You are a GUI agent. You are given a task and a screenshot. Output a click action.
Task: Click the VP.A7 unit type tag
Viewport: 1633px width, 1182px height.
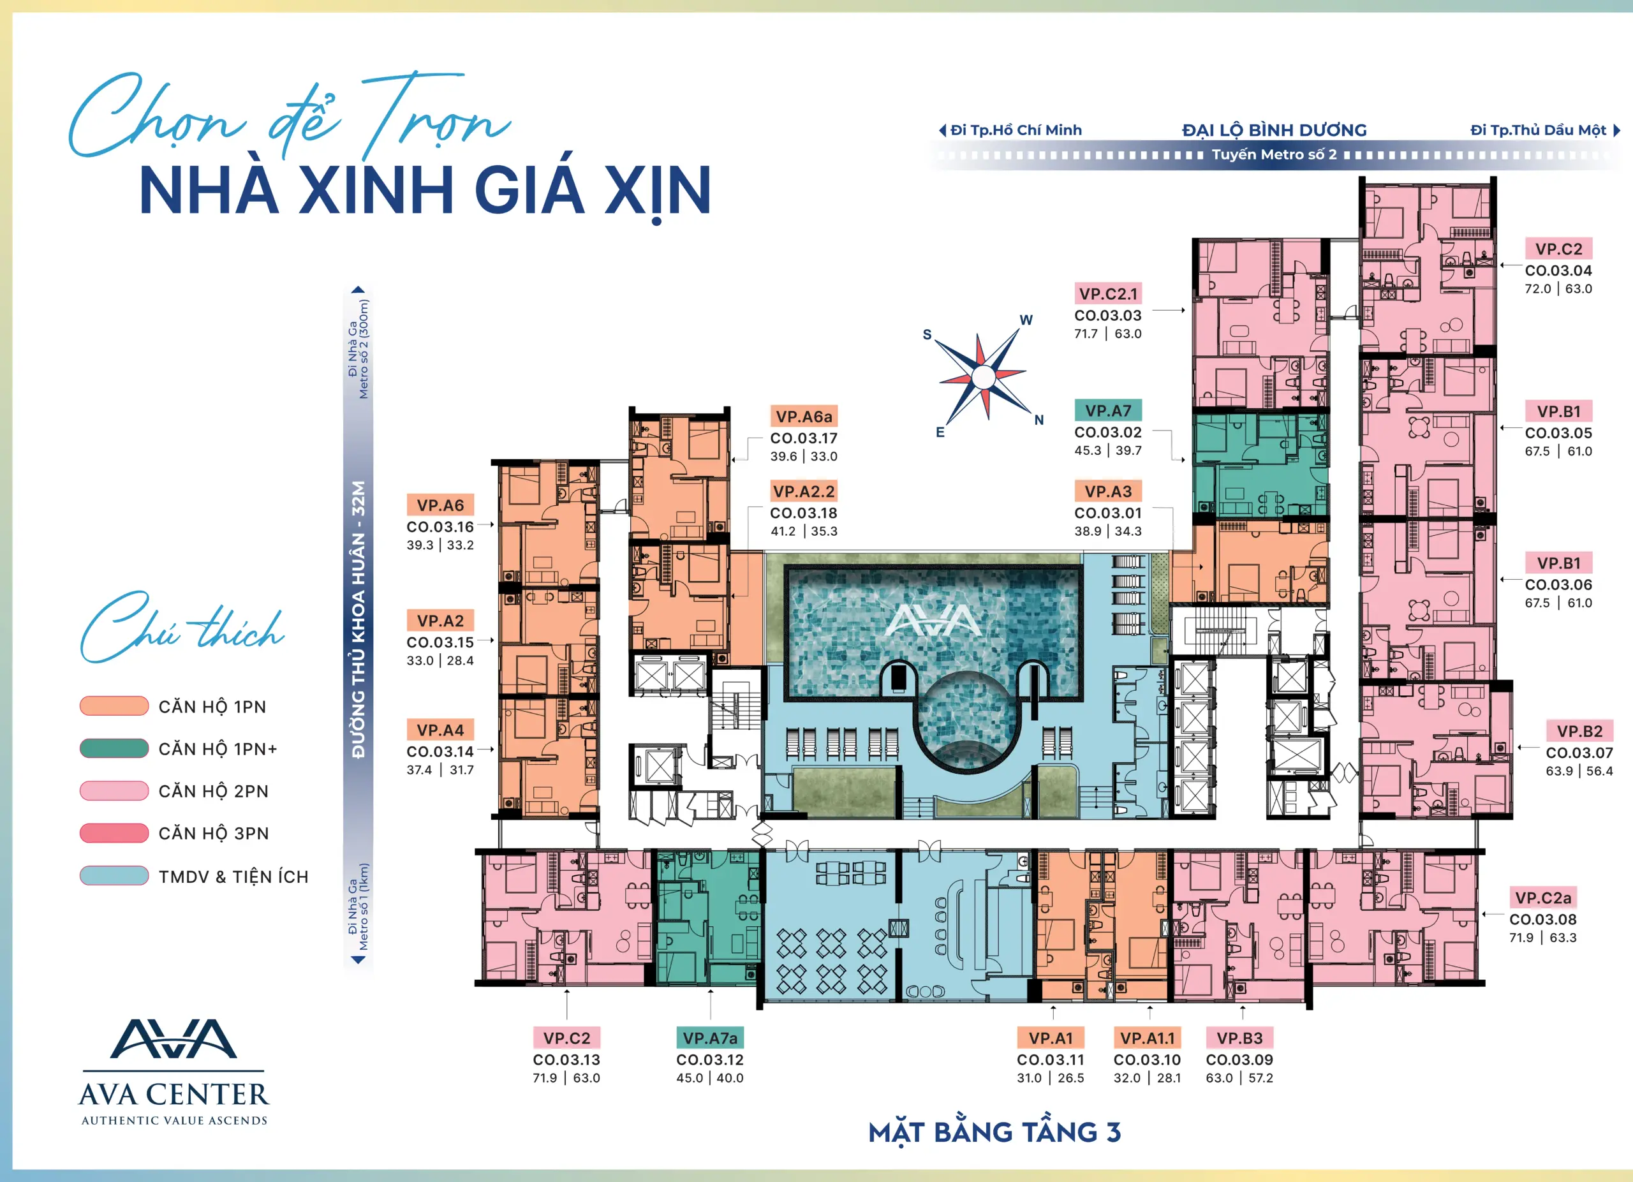pos(1108,410)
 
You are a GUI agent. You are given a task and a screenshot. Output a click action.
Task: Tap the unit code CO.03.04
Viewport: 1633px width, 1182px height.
pos(1558,270)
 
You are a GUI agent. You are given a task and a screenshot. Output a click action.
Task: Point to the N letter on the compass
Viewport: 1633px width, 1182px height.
pos(1039,420)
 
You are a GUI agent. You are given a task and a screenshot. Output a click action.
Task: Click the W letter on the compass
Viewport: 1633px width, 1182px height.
pos(1026,320)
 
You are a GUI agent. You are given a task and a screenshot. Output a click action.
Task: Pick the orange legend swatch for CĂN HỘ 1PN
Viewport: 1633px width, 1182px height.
pos(114,706)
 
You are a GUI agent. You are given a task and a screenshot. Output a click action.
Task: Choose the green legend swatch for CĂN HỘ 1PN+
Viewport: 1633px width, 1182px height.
pos(114,748)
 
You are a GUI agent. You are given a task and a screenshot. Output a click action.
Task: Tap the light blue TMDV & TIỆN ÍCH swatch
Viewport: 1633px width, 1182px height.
pos(114,875)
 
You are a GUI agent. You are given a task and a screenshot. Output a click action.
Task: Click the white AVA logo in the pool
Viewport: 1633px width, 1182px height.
pos(933,620)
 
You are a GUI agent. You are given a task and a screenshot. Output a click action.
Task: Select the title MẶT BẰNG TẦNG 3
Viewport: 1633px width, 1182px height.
pos(994,1132)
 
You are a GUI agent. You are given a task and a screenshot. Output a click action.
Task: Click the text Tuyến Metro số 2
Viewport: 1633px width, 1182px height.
pos(1274,154)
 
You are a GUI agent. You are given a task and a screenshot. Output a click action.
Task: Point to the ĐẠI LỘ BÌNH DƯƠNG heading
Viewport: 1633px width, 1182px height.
pos(1275,130)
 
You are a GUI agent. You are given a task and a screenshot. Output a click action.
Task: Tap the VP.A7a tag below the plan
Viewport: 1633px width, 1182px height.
pos(710,1038)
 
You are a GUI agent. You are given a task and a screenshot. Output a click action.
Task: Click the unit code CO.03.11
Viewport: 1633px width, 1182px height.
pos(1051,1060)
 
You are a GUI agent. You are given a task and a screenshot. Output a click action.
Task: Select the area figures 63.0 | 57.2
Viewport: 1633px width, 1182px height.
pos(1239,1077)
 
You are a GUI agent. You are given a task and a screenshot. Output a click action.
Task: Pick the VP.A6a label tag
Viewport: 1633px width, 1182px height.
pos(804,416)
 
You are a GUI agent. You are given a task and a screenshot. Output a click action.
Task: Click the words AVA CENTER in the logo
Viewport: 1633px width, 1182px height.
pos(174,1095)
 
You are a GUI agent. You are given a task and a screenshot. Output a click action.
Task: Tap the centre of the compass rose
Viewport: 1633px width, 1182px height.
pos(983,376)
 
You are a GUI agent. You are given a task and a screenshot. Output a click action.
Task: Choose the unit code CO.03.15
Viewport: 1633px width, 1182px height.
pos(440,642)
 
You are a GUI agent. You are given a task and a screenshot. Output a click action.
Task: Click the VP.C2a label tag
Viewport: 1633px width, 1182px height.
pos(1543,898)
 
